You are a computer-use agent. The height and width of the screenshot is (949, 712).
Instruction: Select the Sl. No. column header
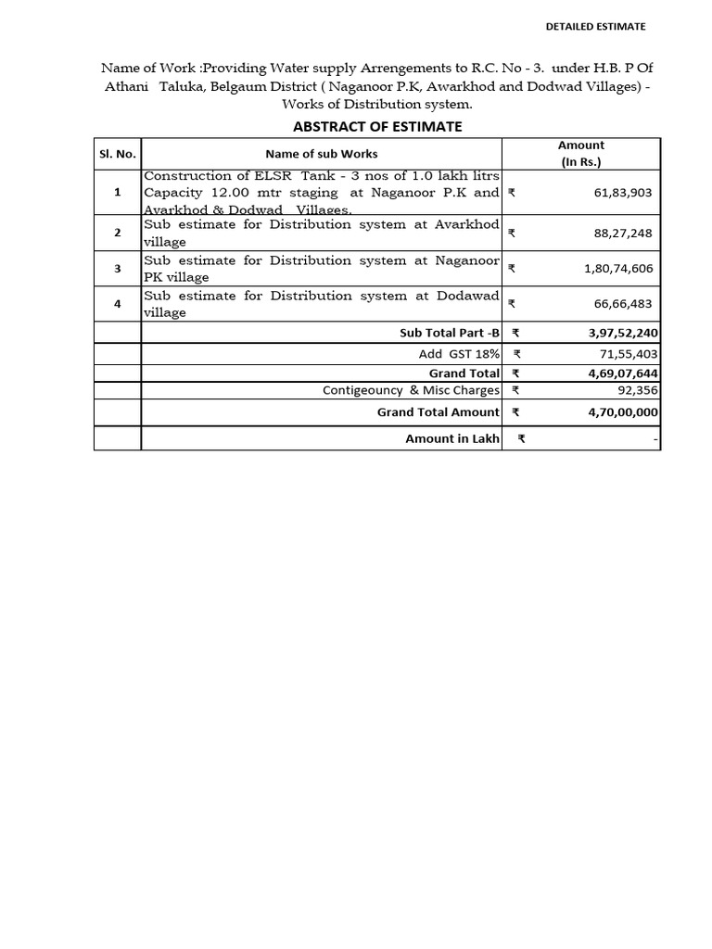(x=118, y=154)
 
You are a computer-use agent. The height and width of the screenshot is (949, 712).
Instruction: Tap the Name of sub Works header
(x=321, y=154)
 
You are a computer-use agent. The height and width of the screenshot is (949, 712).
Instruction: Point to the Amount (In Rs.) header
(x=581, y=154)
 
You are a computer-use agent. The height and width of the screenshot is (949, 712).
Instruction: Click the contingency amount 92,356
(x=632, y=390)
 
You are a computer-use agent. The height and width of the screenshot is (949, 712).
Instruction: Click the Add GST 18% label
(x=459, y=353)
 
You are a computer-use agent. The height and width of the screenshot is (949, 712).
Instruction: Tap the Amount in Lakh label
(x=451, y=438)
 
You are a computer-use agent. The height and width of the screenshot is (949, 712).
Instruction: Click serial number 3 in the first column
(x=118, y=269)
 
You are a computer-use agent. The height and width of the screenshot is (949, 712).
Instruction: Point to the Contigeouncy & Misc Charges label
(x=411, y=390)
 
